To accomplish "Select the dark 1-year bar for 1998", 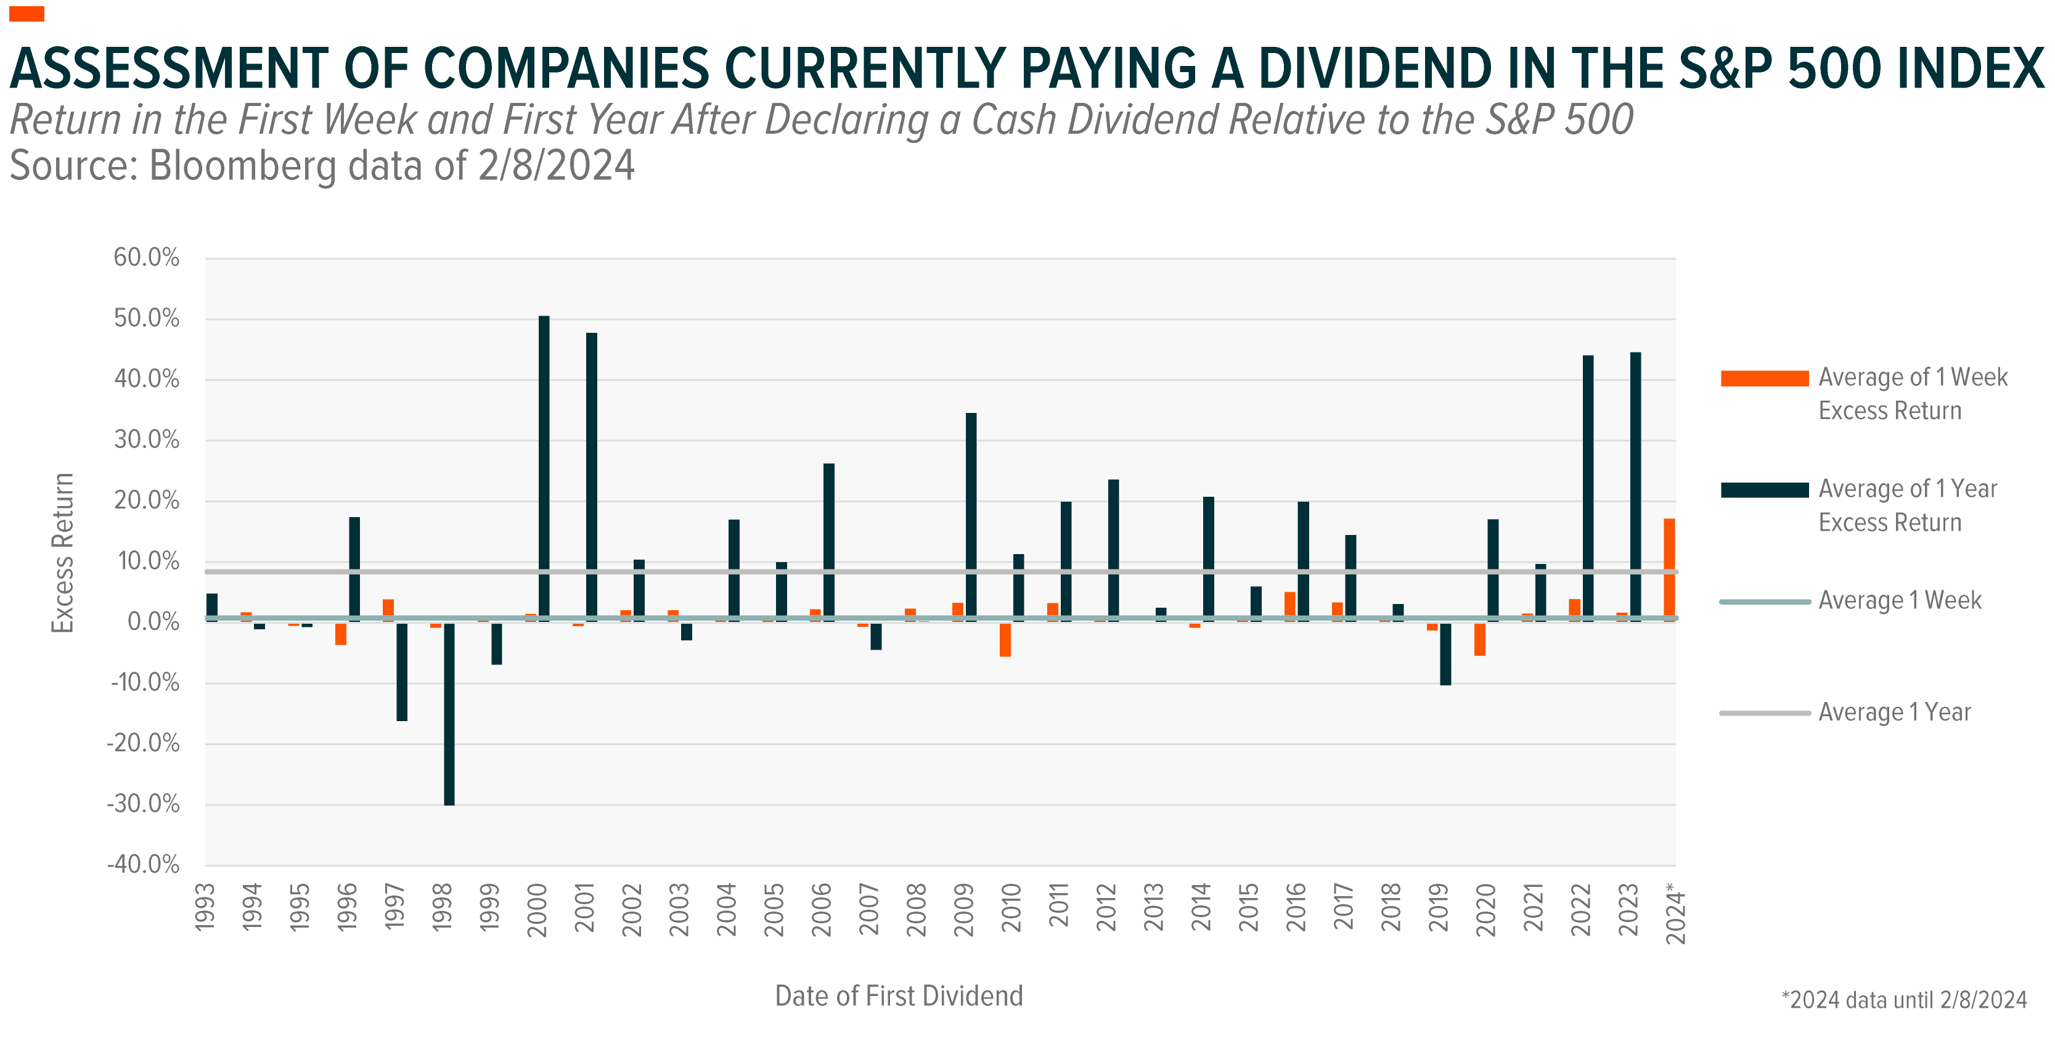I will pyautogui.click(x=449, y=714).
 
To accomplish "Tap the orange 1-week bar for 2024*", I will pyautogui.click(x=1669, y=569).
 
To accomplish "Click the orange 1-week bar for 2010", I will pyautogui.click(x=1005, y=640).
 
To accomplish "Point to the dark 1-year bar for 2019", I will pyautogui.click(x=1445, y=653).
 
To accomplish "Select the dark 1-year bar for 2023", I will pyautogui.click(x=1635, y=486).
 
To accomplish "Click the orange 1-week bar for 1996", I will pyautogui.click(x=341, y=634).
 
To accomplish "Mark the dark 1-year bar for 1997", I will pyautogui.click(x=402, y=672).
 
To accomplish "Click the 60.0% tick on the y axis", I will pyautogui.click(x=147, y=258).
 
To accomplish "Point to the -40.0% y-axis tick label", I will pyautogui.click(x=144, y=865).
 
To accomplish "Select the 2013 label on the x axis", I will pyautogui.click(x=1153, y=908).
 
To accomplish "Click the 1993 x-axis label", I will pyautogui.click(x=205, y=908).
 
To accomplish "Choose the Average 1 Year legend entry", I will pyautogui.click(x=1894, y=712).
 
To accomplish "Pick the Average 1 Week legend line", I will pyautogui.click(x=1764, y=602).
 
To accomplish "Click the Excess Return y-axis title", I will pyautogui.click(x=63, y=553).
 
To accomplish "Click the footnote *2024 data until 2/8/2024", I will pyautogui.click(x=1903, y=1000).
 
